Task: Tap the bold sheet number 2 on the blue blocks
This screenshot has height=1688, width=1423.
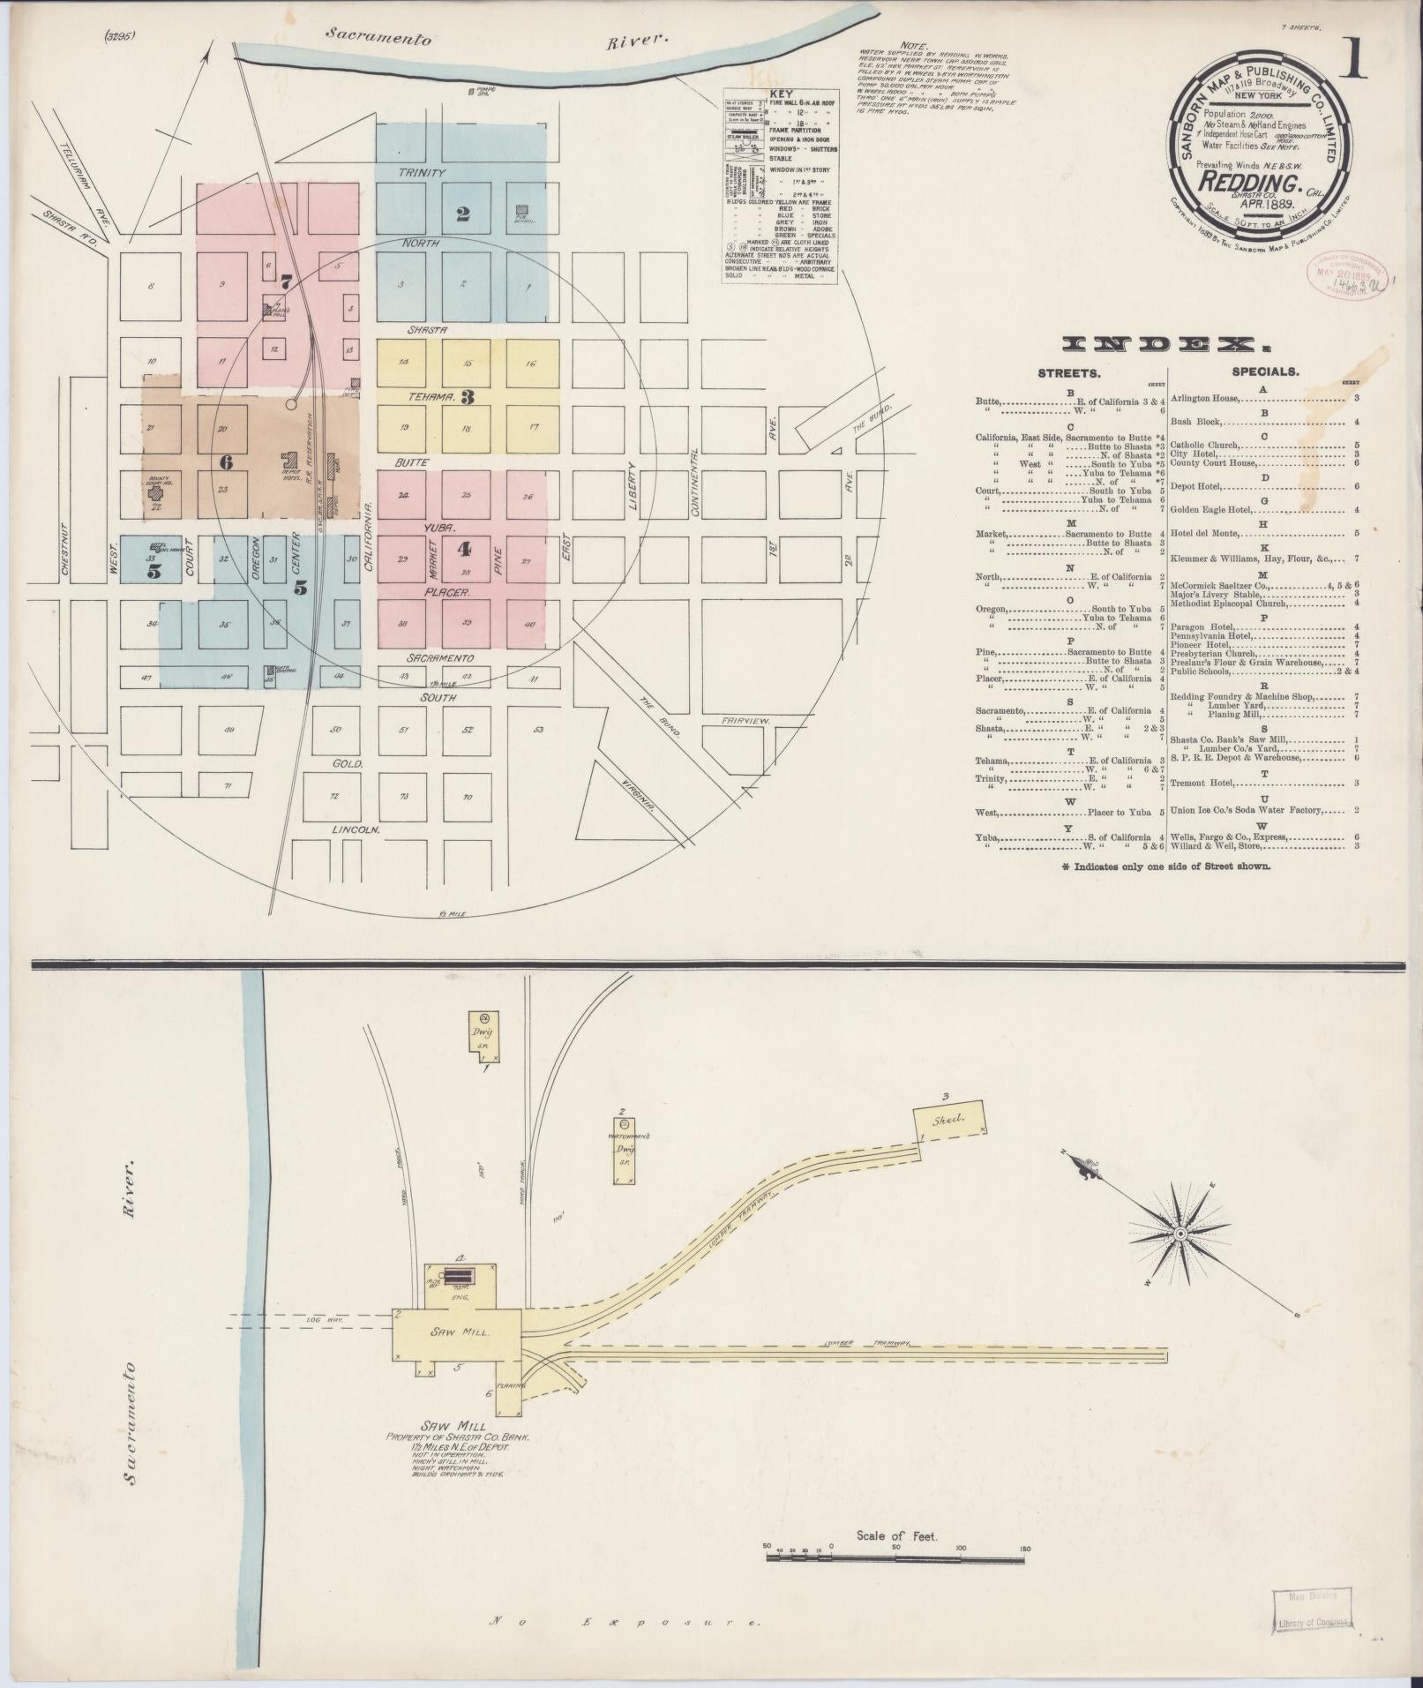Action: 462,213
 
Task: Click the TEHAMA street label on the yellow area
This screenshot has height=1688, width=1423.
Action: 430,397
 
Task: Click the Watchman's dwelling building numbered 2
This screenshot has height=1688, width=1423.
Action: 625,1152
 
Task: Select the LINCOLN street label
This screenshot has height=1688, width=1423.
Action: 355,830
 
